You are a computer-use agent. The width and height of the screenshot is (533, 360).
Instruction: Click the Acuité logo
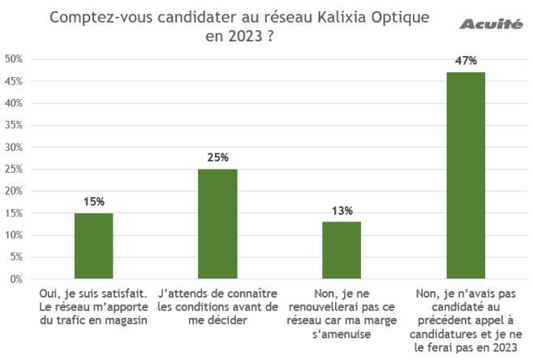492,24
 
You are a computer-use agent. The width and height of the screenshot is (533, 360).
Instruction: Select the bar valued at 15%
93,246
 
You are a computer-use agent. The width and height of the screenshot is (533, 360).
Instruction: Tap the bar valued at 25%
217,224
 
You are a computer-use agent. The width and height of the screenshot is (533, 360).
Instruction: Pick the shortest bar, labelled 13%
342,250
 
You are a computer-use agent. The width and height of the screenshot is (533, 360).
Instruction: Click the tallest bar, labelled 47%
466,175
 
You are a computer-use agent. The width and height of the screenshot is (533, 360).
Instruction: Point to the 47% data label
466,61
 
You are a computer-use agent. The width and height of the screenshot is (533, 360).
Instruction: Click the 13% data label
342,211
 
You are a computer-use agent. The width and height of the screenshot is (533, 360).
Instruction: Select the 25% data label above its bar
217,157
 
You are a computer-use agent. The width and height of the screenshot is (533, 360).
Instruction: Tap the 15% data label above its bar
93,201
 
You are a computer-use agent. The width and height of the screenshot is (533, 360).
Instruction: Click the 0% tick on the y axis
15,279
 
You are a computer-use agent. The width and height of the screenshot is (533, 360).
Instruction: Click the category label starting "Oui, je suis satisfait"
93,306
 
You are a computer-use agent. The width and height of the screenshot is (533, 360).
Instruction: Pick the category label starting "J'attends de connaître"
217,306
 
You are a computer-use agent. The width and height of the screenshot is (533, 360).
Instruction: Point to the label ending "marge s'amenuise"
342,312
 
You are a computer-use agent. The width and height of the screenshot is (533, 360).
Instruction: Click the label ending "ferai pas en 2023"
466,319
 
